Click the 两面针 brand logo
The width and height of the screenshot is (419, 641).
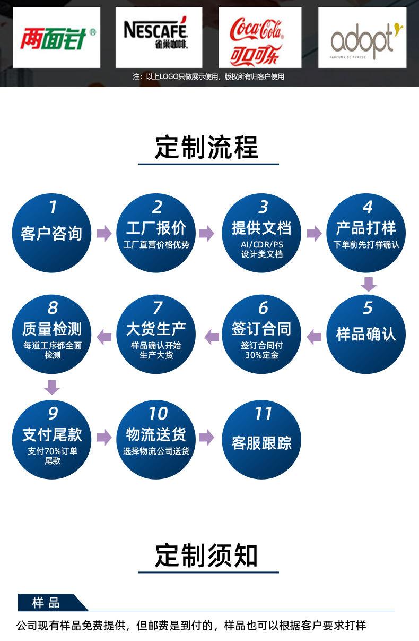click(x=57, y=37)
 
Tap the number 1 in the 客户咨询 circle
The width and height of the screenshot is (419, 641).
click(x=53, y=207)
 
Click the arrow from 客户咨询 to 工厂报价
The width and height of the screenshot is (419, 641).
click(x=104, y=233)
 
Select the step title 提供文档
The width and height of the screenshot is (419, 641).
click(x=261, y=228)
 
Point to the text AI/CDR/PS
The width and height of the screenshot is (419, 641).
click(x=261, y=245)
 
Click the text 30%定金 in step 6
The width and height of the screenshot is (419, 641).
click(x=261, y=355)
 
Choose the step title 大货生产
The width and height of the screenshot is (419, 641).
click(x=156, y=329)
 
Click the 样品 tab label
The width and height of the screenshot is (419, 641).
click(x=46, y=603)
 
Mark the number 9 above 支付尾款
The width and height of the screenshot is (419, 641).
click(x=53, y=414)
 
